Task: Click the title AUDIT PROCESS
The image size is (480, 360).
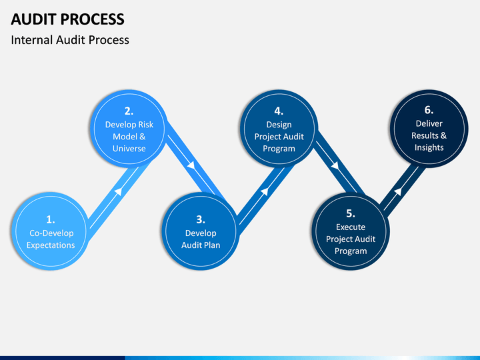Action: [67, 19]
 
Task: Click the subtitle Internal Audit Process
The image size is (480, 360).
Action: [70, 40]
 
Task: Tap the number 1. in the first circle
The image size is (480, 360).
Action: [51, 219]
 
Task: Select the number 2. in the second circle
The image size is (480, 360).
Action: [129, 111]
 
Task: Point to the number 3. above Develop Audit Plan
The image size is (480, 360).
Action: [201, 219]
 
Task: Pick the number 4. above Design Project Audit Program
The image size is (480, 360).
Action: [279, 111]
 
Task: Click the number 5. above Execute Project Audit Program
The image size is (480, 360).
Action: [351, 213]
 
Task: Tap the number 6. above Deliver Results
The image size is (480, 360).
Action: [429, 110]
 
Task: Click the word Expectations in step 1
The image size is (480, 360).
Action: [51, 245]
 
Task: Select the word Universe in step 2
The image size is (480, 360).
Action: [129, 149]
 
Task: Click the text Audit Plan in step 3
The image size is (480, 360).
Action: [201, 245]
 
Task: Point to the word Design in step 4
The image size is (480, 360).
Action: [279, 125]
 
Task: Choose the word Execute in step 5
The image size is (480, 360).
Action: [351, 227]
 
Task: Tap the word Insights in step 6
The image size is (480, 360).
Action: [429, 147]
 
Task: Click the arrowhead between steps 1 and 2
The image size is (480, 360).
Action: [119, 191]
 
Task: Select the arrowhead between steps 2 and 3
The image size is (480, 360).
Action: [191, 165]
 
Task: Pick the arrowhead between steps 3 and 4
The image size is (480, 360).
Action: [265, 191]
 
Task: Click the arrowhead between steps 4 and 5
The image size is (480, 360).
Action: [335, 165]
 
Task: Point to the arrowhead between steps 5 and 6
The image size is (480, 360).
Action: [398, 191]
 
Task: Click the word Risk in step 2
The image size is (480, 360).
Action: [146, 125]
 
